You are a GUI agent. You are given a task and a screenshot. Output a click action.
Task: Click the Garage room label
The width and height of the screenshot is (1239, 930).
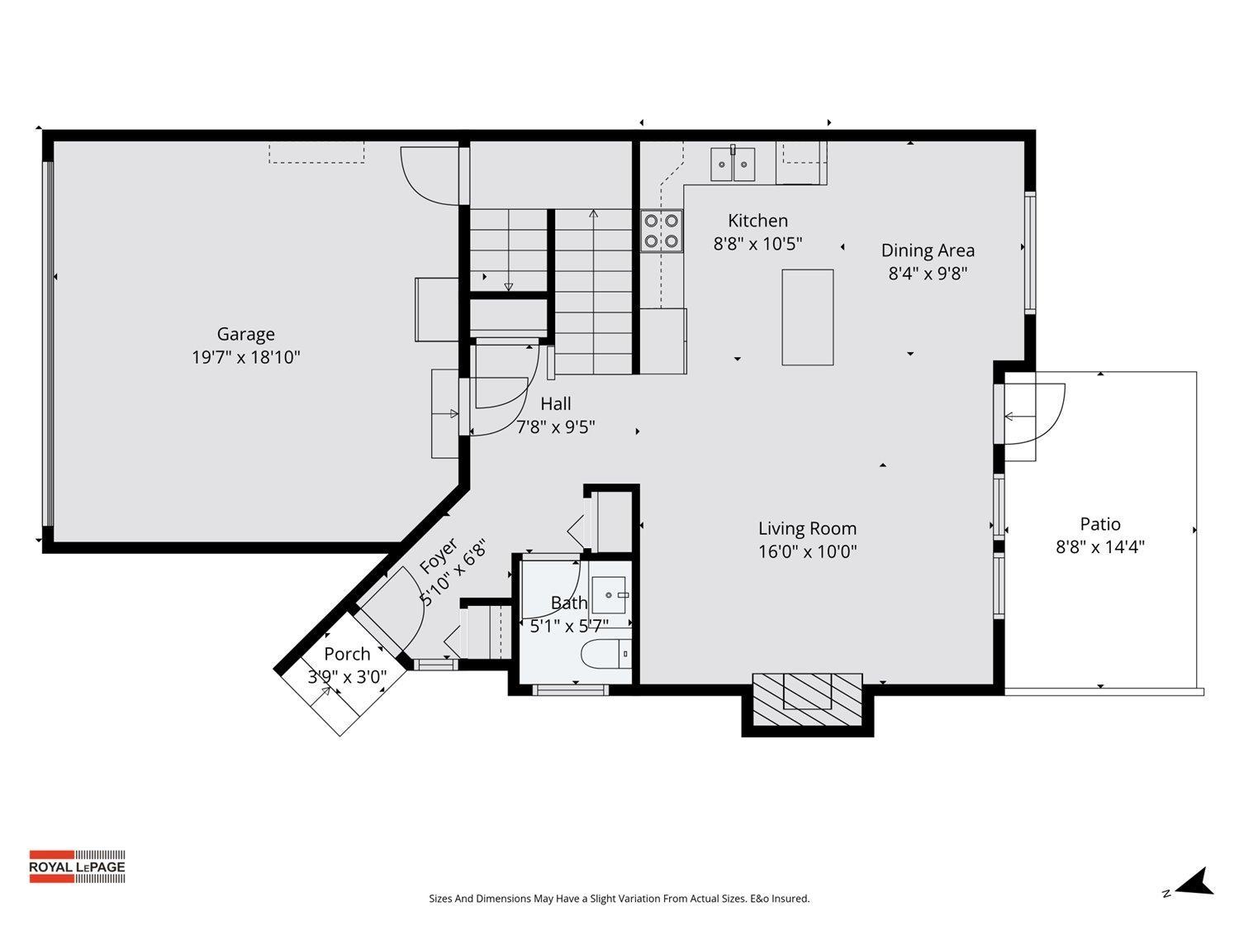245,334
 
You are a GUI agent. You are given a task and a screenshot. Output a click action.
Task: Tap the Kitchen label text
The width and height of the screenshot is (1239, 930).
757,221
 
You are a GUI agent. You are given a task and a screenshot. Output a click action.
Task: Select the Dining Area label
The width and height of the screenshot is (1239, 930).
928,250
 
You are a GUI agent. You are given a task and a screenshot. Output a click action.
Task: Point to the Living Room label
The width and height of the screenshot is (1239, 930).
807,528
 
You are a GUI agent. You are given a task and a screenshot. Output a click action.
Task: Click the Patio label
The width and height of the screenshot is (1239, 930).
1100,524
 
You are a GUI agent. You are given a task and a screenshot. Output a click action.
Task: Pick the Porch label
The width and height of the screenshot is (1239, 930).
347,654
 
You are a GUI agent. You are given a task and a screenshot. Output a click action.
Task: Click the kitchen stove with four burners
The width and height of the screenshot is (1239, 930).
662,231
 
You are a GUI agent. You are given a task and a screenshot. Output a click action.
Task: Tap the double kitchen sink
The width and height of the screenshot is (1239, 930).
733,165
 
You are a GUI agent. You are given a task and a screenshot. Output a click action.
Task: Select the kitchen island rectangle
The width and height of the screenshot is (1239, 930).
807,317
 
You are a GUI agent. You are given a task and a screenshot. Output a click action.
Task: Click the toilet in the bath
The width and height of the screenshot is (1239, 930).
605,653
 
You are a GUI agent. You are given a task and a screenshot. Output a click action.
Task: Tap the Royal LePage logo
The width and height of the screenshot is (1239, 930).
77,866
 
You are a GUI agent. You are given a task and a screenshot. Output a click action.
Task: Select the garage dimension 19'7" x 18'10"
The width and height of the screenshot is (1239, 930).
245,358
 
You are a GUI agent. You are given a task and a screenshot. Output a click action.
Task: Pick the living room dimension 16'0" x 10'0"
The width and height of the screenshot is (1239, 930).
807,551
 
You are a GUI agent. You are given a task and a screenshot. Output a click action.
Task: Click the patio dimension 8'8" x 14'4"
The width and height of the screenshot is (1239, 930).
1100,547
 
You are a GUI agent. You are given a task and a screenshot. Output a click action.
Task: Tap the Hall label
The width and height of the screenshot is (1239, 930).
556,403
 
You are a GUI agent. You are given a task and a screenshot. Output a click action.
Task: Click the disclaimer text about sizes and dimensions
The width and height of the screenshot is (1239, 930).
619,899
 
